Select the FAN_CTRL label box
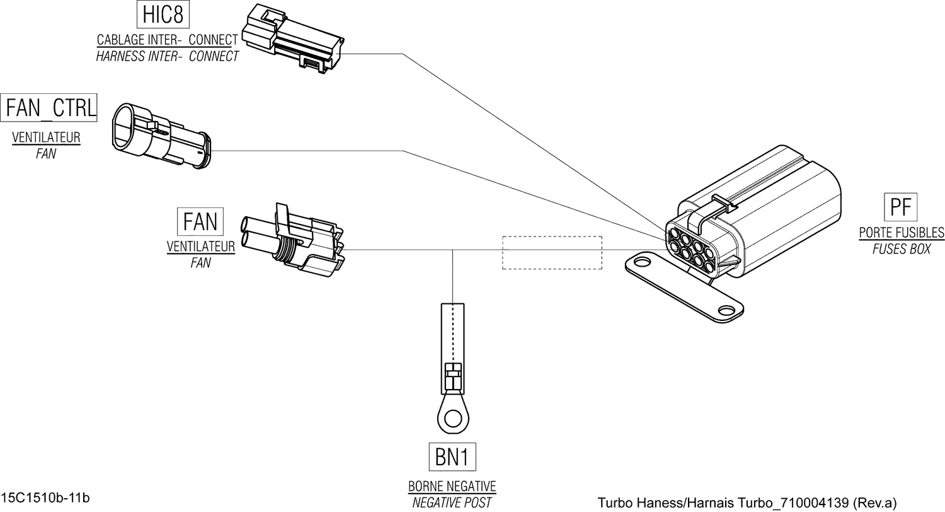[x=50, y=108]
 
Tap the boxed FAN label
[x=200, y=222]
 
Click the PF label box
[x=901, y=207]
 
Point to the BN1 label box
[x=452, y=457]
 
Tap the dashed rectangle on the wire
[x=552, y=252]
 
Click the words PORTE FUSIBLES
[x=902, y=233]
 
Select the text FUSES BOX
[x=901, y=250]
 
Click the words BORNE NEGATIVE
[x=452, y=487]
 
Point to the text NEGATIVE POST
[x=452, y=503]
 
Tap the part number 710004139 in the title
[x=815, y=503]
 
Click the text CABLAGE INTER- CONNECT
[x=168, y=40]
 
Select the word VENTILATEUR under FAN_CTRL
[x=46, y=137]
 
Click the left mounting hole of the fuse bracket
[x=643, y=260]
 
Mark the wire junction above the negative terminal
[x=454, y=250]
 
